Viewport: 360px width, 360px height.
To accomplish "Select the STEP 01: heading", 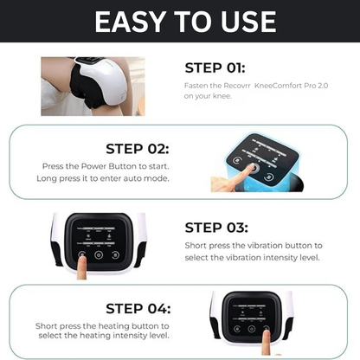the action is [215, 68].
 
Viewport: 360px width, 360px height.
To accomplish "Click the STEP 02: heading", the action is [138, 149].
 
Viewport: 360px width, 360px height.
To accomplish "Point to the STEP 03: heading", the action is [216, 228].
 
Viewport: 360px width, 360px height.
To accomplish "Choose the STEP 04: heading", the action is [138, 308].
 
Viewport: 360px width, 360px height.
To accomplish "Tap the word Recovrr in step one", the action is [237, 86].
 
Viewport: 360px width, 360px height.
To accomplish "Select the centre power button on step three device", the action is [99, 255].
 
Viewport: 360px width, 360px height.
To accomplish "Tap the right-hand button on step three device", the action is [115, 255].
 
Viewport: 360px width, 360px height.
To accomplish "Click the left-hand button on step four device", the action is [237, 329].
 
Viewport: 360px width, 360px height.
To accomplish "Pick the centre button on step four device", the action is [252, 329].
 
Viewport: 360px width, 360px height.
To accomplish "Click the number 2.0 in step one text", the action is [323, 86].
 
